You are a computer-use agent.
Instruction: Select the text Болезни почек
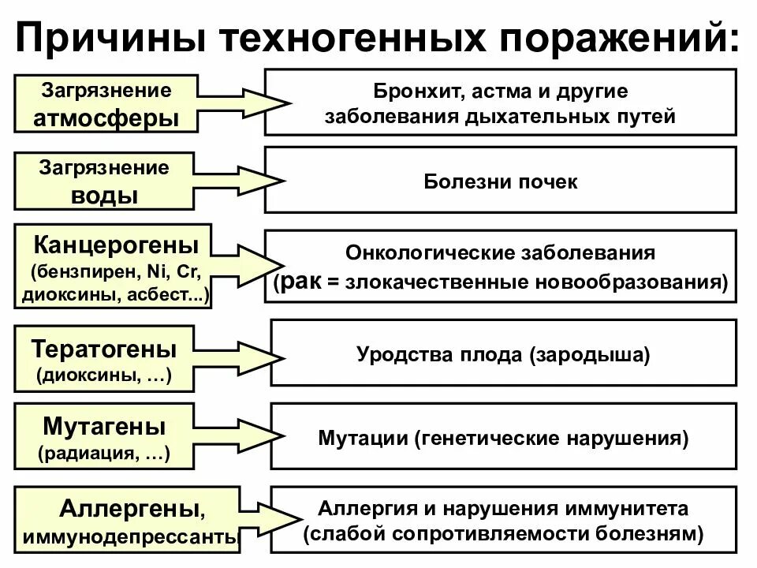tap(500, 182)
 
